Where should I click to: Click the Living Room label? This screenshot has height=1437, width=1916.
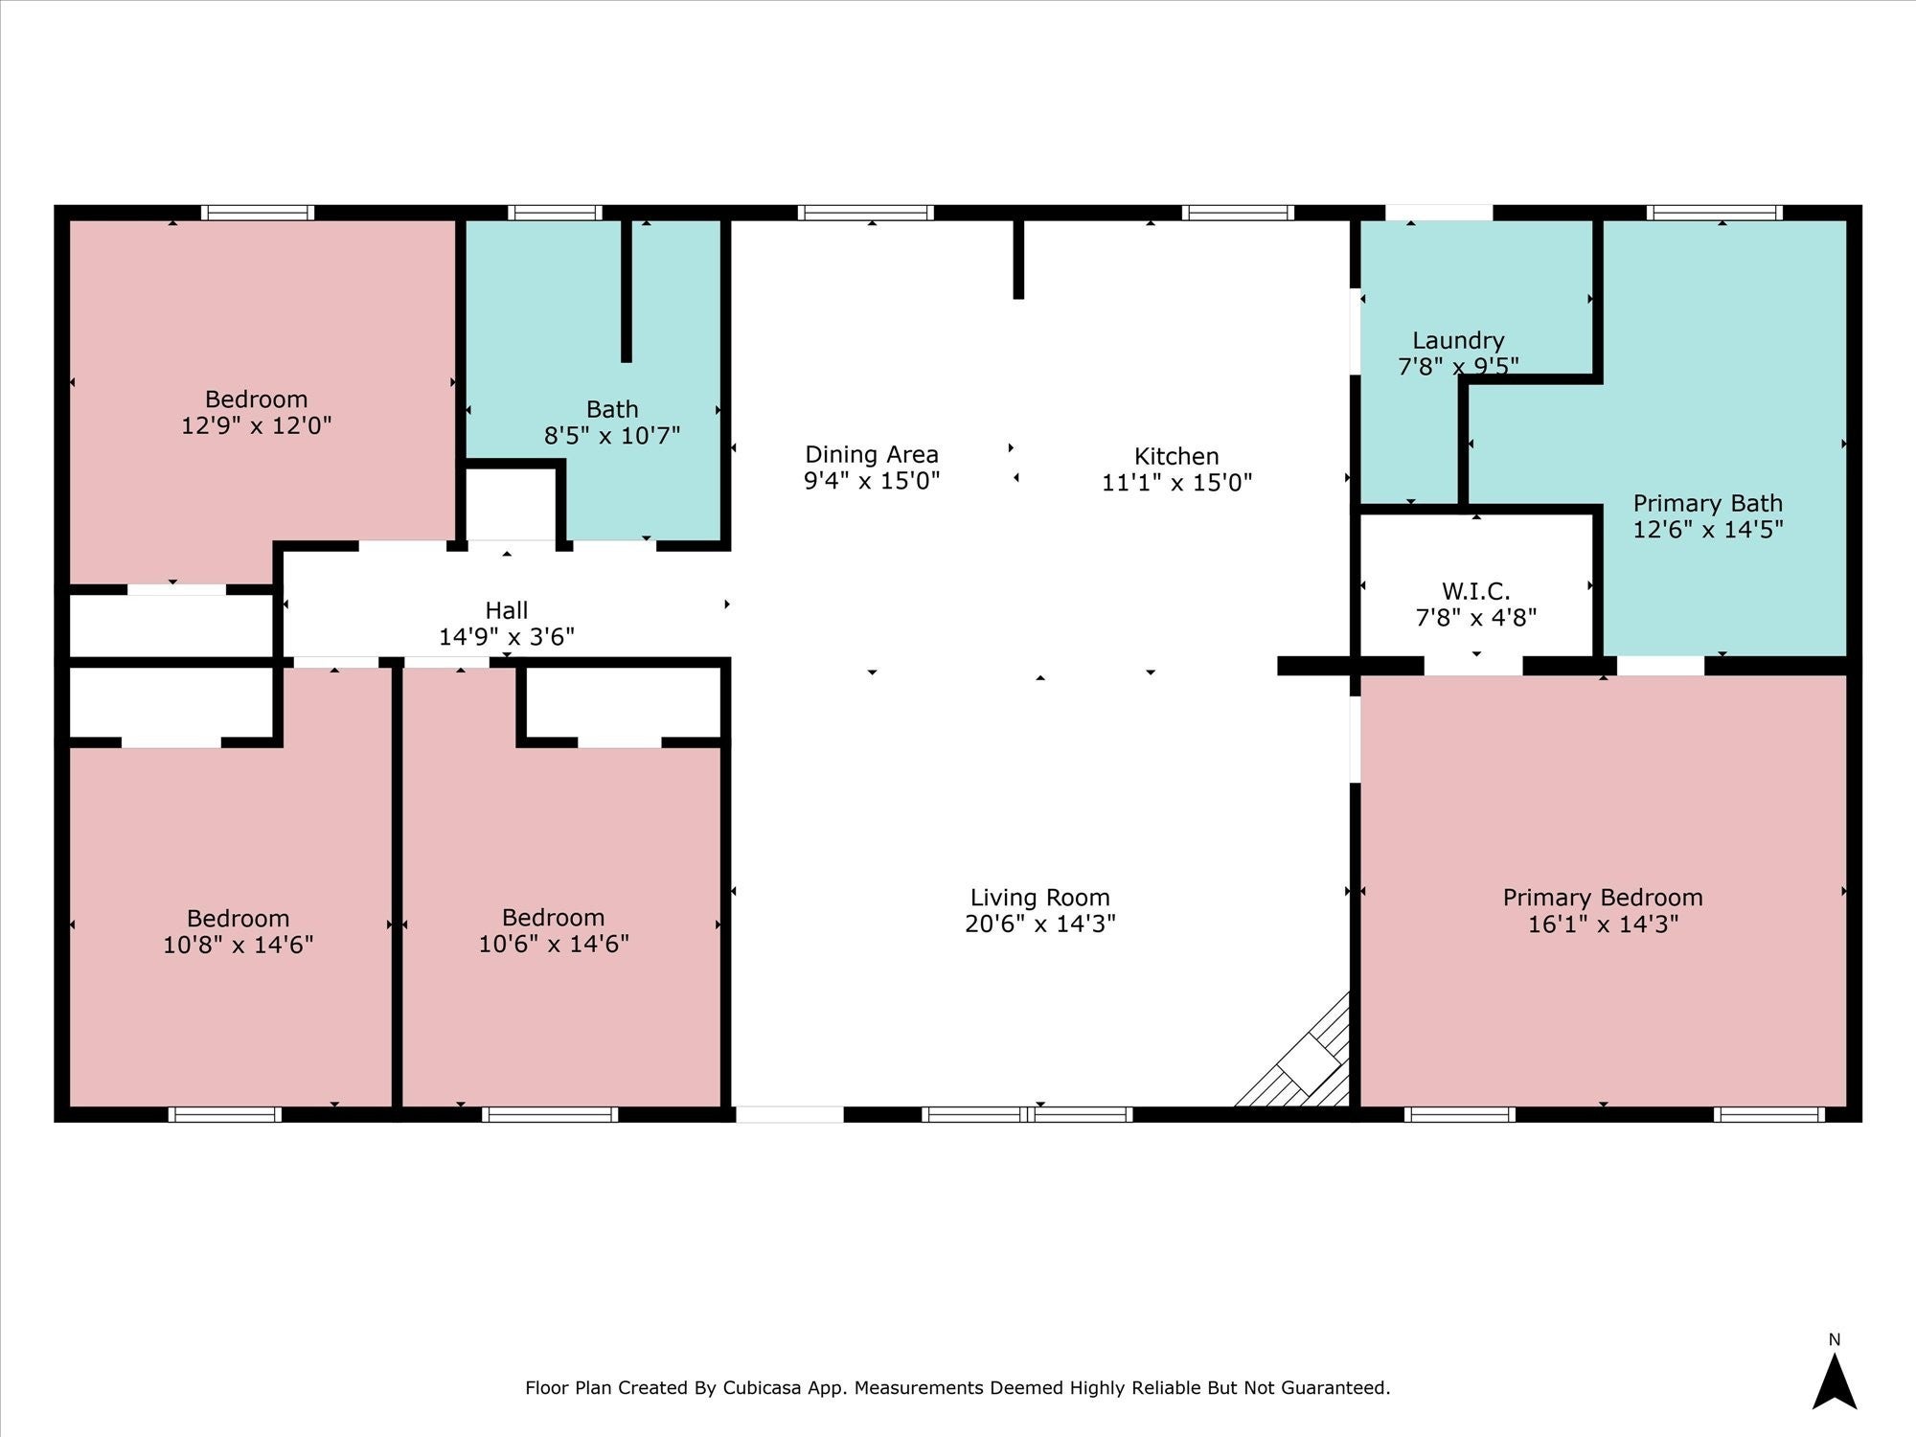click(x=1039, y=898)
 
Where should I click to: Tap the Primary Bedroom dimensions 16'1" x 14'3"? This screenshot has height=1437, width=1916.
click(x=1603, y=924)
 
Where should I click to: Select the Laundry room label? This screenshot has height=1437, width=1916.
click(x=1458, y=341)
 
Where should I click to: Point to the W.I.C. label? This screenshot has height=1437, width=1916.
click(x=1475, y=591)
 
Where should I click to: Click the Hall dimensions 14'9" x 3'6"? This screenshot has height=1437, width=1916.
click(x=507, y=637)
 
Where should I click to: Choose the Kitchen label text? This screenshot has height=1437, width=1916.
click(x=1176, y=456)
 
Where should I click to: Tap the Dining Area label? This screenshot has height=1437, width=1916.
click(x=872, y=454)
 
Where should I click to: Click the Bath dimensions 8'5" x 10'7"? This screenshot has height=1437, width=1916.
click(x=612, y=436)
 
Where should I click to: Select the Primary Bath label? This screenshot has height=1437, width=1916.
click(x=1708, y=503)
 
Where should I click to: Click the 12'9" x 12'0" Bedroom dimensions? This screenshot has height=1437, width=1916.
click(x=257, y=425)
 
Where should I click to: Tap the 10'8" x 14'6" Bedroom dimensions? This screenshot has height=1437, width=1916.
click(x=239, y=946)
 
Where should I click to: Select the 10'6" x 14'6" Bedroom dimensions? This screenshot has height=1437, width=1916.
click(x=554, y=945)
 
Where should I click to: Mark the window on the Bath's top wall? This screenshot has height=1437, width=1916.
click(x=556, y=213)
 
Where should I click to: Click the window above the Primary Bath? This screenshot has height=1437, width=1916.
click(x=1715, y=213)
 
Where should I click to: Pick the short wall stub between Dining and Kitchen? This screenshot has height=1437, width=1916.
click(x=1018, y=260)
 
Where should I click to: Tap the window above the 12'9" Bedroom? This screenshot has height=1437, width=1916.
click(x=258, y=213)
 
